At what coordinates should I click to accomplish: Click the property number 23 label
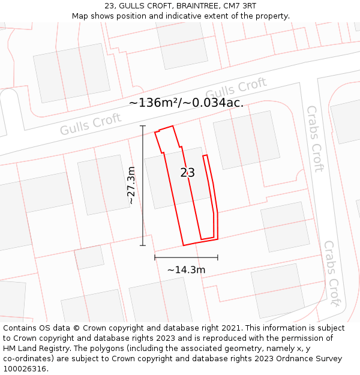(x=187, y=173)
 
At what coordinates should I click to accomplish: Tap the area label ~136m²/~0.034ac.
(x=186, y=103)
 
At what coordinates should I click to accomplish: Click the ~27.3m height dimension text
(x=131, y=185)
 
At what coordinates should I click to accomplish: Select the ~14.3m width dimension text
(x=186, y=270)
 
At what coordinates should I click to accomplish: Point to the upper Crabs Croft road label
(x=315, y=138)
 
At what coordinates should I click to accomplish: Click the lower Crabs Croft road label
(x=332, y=273)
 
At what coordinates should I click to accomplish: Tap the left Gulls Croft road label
(x=91, y=125)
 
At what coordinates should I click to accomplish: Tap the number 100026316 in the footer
(x=26, y=369)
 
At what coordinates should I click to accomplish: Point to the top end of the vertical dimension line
(x=143, y=126)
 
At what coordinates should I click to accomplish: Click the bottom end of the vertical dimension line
(x=143, y=245)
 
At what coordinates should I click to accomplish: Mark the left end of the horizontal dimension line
(x=155, y=257)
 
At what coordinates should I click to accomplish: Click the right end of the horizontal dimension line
(x=218, y=257)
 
